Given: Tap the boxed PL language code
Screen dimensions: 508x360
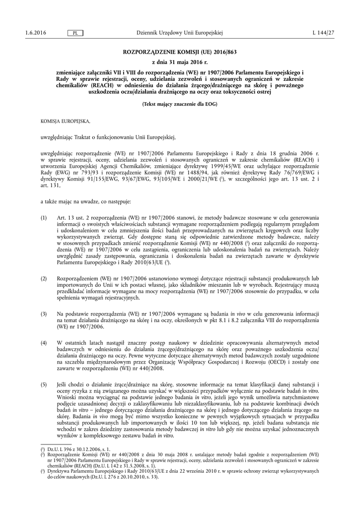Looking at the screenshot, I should (74, 33).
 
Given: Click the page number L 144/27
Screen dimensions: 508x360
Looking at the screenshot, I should (323, 33).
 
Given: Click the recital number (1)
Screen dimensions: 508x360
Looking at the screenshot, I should (44, 218).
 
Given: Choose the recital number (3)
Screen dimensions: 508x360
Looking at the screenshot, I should (44, 314).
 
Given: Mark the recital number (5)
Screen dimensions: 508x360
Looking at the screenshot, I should (44, 385).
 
